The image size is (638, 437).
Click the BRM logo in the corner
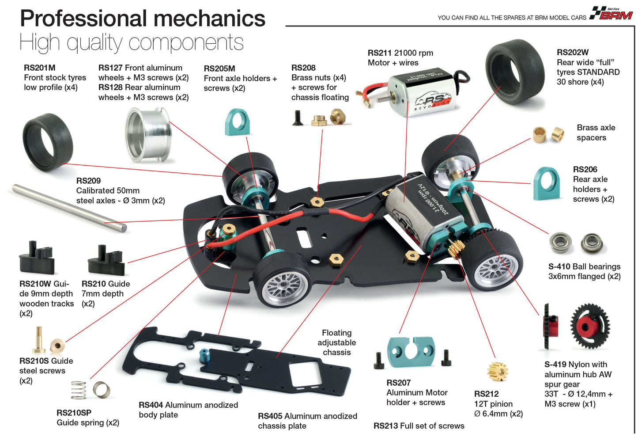612,14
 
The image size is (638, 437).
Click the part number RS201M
40,68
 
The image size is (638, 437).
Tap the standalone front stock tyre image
47,142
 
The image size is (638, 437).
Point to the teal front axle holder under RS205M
238,122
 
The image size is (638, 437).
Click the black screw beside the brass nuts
298,118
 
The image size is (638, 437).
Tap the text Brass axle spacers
596,133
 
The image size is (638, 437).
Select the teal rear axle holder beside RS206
547,183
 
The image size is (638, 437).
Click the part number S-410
559,266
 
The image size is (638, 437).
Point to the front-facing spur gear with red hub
590,326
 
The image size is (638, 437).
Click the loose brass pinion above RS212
498,372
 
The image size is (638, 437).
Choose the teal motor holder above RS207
411,352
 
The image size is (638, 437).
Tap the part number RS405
270,416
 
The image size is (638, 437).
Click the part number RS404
151,405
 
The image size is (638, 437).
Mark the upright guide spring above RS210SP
79,390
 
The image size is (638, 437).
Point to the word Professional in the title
84,19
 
